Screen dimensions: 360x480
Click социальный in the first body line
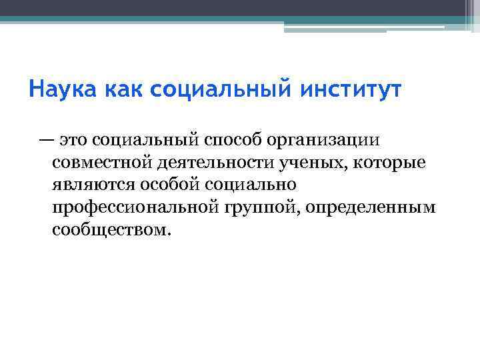[146, 140]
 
